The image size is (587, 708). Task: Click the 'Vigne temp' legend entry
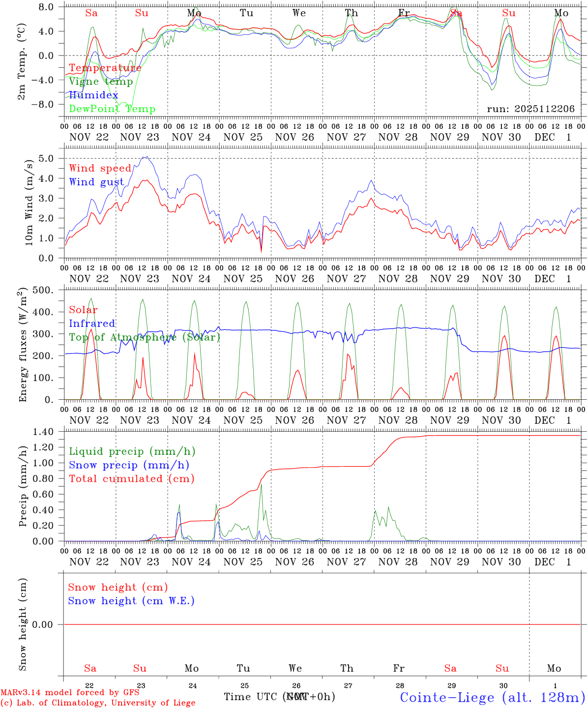101,82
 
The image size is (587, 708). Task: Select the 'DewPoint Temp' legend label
112,109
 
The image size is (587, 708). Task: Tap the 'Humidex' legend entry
93,95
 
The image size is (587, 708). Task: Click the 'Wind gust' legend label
96,182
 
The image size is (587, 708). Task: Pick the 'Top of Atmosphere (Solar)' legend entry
145,337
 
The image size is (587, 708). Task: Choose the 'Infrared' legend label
92,324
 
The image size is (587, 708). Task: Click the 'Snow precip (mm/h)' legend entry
129,465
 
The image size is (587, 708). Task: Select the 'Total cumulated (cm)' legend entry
131,479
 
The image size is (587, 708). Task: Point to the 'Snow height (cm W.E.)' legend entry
131,601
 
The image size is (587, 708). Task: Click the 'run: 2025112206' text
530,109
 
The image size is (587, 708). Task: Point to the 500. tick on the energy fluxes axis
47,290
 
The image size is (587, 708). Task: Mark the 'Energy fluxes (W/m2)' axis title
23,346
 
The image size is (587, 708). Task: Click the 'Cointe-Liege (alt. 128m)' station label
492,697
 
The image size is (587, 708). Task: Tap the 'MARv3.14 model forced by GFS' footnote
70,693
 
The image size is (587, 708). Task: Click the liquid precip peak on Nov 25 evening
261,485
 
